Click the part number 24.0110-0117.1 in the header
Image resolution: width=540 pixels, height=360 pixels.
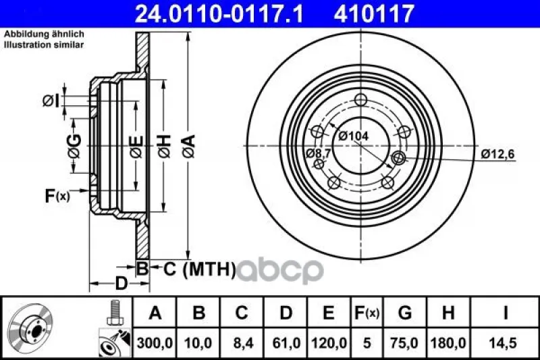tap(219, 14)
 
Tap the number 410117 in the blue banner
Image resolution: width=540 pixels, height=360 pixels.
tap(374, 14)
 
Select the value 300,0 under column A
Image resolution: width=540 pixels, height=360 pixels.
tap(155, 343)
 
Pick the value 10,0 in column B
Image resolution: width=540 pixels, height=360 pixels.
tap(198, 343)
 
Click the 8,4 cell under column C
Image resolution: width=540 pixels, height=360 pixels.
tap(242, 343)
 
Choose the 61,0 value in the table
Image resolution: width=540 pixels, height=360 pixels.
tap(286, 343)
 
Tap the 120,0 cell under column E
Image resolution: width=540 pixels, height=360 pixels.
tap(329, 343)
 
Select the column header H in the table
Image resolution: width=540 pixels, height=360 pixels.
tap(448, 313)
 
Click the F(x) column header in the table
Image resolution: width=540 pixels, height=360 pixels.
tap(367, 313)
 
